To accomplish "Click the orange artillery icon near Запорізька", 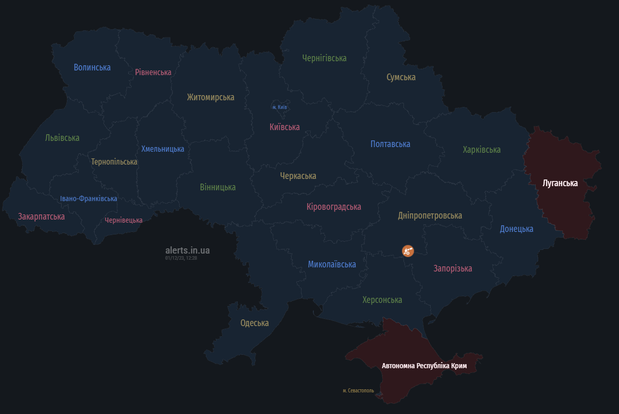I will (408, 251).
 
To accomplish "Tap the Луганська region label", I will (560, 183).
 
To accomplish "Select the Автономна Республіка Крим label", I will (425, 366).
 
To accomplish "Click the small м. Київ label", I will (279, 107).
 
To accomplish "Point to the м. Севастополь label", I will (358, 391).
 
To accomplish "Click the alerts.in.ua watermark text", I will (187, 250).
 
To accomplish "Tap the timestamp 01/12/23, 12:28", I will (181, 258).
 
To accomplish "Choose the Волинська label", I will (92, 67).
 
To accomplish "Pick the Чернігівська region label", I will (324, 58).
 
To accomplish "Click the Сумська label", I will (401, 77).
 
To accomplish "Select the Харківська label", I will (482, 150).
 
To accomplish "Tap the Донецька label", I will (517, 229).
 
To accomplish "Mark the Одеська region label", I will (255, 323).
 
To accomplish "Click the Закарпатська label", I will (41, 217).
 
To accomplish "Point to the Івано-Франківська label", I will (89, 199).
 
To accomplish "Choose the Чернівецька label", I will (123, 220).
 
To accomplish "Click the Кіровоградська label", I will (333, 207).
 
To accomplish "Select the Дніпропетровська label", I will (430, 215).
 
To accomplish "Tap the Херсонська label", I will (382, 300).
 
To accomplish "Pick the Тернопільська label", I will (114, 161).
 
